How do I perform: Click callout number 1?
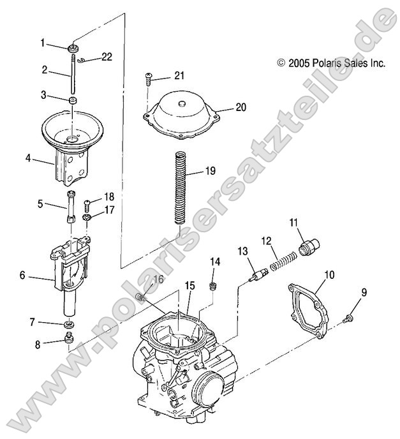tap(43, 43)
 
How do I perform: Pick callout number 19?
tap(211, 171)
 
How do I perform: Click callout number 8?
tap(38, 345)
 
